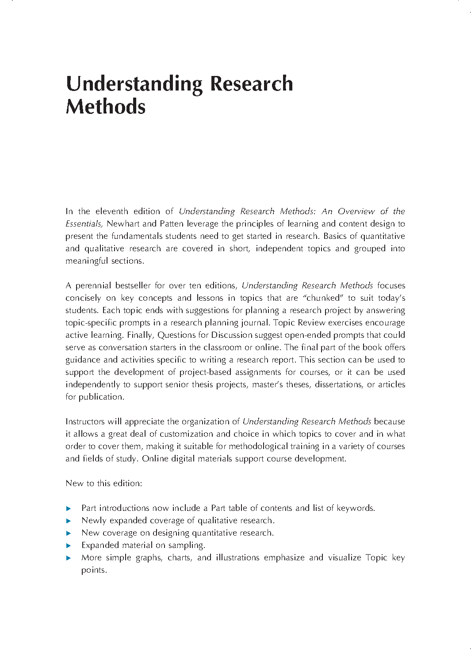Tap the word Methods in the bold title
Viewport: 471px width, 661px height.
[x=105, y=107]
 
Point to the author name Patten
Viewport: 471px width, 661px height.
[x=172, y=224]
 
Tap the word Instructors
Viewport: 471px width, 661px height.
[x=86, y=422]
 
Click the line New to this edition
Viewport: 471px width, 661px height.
[x=103, y=483]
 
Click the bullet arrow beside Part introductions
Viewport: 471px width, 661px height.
[x=68, y=509]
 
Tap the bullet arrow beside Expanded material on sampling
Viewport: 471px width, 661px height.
[x=68, y=546]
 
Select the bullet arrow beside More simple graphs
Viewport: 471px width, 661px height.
[x=68, y=558]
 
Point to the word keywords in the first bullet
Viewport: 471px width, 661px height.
[x=355, y=508]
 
